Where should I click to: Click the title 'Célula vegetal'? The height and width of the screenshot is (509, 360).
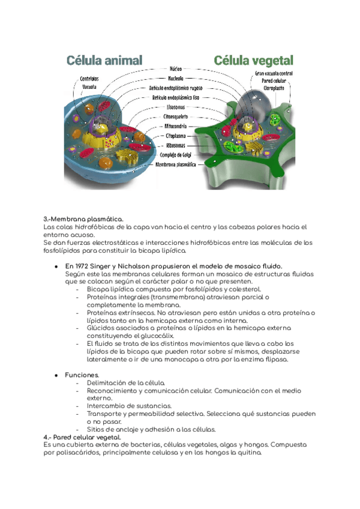tap(254, 60)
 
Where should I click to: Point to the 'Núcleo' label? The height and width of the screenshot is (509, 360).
tap(176, 69)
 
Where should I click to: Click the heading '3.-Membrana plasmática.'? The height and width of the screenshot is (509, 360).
tap(83, 220)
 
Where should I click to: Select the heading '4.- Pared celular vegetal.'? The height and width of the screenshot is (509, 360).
tap(82, 437)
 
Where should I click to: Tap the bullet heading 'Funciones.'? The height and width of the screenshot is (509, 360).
tap(82, 375)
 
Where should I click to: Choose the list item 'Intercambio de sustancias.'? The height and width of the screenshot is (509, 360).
tap(130, 406)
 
